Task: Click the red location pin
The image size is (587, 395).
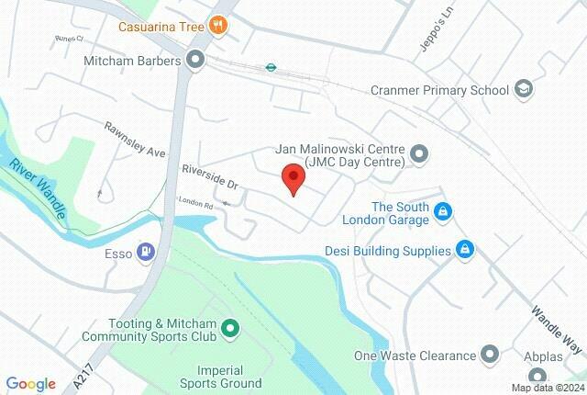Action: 293,177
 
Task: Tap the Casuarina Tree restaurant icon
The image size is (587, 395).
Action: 218,25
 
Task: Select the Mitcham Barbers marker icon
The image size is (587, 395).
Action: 194,61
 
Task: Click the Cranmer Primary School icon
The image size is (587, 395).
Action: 524,90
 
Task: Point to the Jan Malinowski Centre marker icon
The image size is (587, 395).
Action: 418,153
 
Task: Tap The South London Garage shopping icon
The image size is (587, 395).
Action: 443,213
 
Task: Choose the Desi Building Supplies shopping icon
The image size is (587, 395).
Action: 465,249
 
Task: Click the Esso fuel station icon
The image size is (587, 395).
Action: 145,250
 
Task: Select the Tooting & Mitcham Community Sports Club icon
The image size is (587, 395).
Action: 229,327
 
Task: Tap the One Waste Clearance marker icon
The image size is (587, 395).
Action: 490,355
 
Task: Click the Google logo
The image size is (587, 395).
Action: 30,384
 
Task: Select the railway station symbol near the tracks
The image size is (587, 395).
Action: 271,66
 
